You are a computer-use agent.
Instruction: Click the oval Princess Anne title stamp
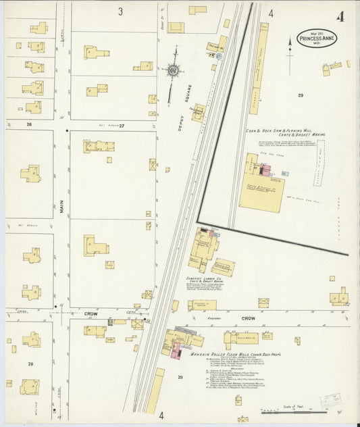click(x=316, y=39)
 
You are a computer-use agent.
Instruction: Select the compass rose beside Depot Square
click(x=174, y=70)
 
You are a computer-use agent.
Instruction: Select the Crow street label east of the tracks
click(x=249, y=318)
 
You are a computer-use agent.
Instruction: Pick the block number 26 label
click(x=29, y=124)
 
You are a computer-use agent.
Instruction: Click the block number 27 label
click(x=122, y=124)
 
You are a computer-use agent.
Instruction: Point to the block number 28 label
click(x=30, y=363)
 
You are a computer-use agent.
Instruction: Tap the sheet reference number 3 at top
click(x=120, y=11)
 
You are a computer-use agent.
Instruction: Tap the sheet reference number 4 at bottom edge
click(x=161, y=416)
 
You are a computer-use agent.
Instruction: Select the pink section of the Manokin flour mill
click(x=177, y=351)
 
